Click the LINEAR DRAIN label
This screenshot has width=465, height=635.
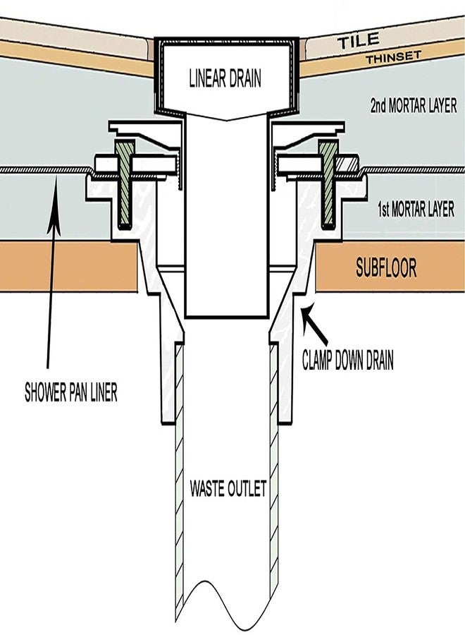pos(225,78)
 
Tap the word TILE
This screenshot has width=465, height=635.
pos(358,41)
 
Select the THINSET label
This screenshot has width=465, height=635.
pos(393,57)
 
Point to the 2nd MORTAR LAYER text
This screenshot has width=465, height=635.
pos(414,105)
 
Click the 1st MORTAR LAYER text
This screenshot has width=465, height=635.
pos(416,210)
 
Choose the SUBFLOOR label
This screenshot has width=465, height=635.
pos(386,267)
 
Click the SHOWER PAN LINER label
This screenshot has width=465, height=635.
pos(71,392)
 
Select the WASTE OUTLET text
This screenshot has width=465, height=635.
pos(228,488)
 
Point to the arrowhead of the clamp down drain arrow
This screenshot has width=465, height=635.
pos(307,313)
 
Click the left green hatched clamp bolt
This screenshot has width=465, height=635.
pos(125,184)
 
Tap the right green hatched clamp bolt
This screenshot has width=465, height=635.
pos(328,184)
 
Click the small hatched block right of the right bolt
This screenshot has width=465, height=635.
pos(348,164)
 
